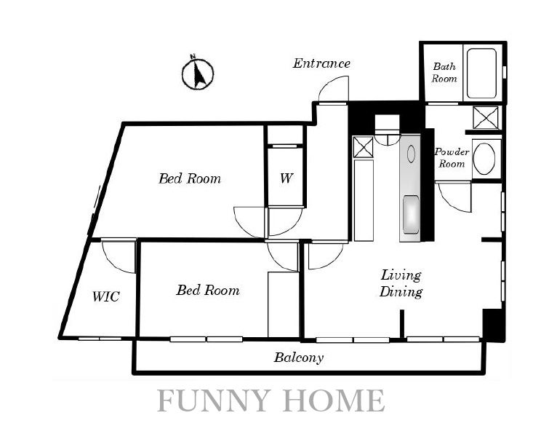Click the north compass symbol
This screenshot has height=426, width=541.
tap(198, 74)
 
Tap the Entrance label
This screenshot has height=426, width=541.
tap(321, 63)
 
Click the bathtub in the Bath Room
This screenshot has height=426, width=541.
tap(481, 74)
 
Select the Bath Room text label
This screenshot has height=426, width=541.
tap(444, 73)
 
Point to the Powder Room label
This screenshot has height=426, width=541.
tap(452, 157)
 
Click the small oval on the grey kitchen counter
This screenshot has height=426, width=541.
tap(411, 154)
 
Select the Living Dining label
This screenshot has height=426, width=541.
tap(401, 284)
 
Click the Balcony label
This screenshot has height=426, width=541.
tap(299, 358)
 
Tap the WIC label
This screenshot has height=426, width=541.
tap(106, 296)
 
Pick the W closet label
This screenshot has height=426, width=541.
tap(286, 178)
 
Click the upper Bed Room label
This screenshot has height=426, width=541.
tap(190, 178)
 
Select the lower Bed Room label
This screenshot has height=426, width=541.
tap(208, 290)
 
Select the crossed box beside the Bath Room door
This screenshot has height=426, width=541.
tap(486, 118)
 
